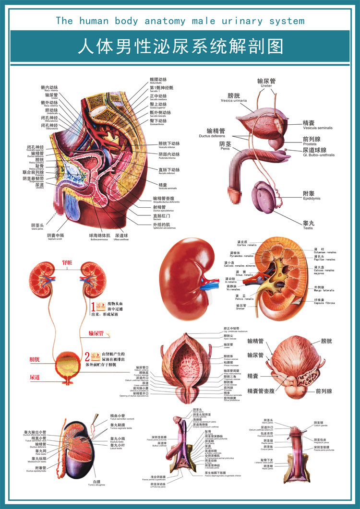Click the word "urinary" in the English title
tap(239, 21)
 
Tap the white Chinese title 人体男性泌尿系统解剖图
tap(180, 47)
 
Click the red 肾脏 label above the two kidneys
tap(67, 263)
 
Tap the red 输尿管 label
tap(96, 333)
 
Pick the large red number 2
tap(87, 356)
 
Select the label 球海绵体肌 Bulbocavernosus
tap(99, 237)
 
